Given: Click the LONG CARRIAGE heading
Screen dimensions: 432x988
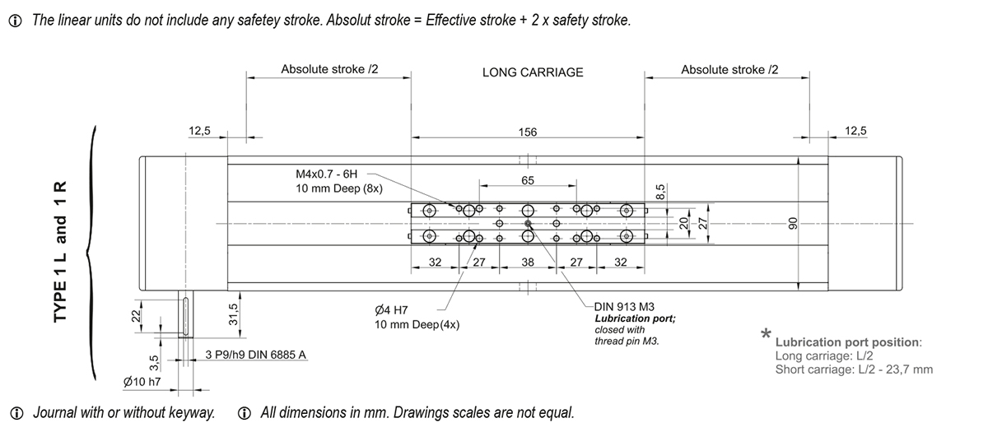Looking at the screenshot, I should (533, 72).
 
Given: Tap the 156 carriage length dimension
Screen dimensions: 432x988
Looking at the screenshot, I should (528, 132).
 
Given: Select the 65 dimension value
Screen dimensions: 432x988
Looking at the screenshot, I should (528, 179).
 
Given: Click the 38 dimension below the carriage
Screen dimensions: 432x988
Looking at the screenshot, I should (528, 262).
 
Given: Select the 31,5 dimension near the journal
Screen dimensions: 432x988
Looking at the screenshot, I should (233, 314).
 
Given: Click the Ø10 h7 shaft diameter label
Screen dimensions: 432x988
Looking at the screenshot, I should (141, 382).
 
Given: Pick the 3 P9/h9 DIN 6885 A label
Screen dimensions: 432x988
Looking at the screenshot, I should (256, 355).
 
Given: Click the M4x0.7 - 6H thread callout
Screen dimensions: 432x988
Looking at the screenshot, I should (327, 175).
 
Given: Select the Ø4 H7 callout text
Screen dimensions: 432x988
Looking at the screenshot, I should (393, 310).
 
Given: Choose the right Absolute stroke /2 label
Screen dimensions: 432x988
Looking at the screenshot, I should (729, 70).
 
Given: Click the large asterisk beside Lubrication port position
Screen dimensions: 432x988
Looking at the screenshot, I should (766, 334).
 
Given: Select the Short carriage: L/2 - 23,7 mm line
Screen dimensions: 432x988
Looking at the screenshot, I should (854, 369).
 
